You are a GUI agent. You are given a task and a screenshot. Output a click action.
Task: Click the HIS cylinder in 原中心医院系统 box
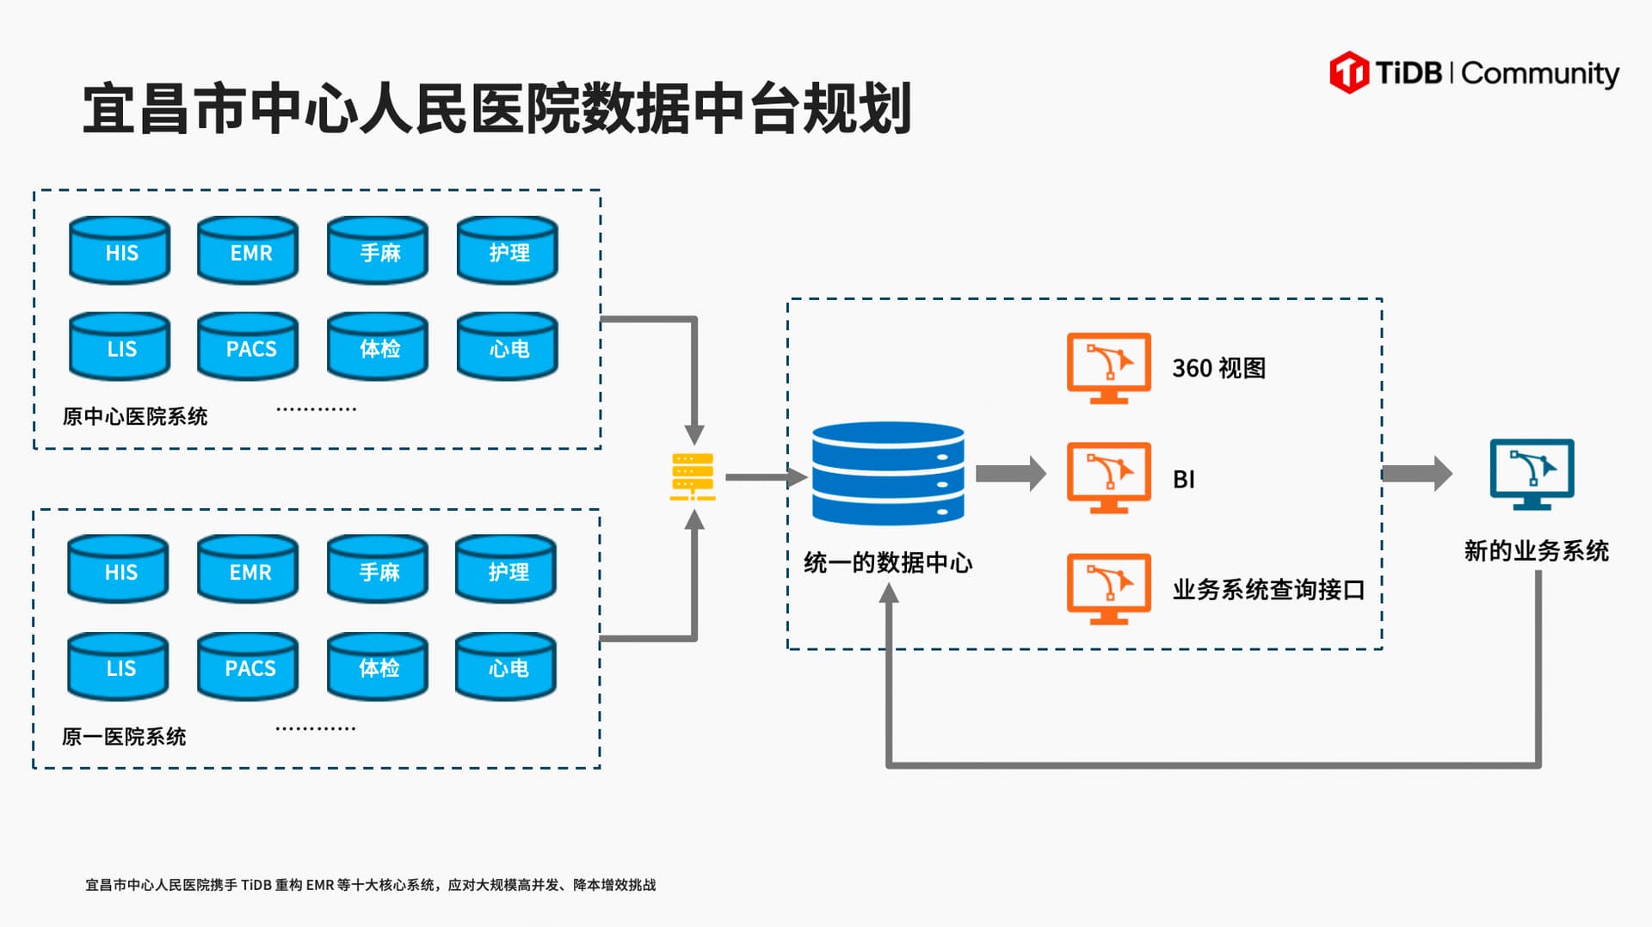click(x=120, y=250)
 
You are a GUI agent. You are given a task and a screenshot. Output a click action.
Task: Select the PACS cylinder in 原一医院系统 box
click(x=248, y=666)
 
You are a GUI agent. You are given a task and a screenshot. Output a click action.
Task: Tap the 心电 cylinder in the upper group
click(x=508, y=347)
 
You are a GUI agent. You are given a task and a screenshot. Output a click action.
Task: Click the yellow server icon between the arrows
click(x=693, y=476)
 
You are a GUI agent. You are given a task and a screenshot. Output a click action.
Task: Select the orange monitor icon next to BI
click(x=1108, y=477)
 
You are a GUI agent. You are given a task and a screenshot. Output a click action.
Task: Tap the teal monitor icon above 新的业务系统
click(x=1532, y=474)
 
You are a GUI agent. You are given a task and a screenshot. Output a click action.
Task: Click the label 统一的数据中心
click(x=888, y=563)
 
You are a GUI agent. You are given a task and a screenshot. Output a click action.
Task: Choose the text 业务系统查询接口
click(x=1268, y=590)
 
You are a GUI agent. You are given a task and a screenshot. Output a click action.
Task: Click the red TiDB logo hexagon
click(x=1348, y=72)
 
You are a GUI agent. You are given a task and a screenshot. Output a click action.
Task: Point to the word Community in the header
click(x=1540, y=74)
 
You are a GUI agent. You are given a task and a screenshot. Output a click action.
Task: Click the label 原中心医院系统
click(x=135, y=417)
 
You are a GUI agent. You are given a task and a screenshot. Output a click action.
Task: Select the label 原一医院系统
click(x=124, y=737)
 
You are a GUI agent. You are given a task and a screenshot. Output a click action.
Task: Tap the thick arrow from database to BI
click(x=1011, y=473)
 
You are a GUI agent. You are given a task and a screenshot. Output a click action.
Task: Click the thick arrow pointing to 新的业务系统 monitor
click(x=1416, y=474)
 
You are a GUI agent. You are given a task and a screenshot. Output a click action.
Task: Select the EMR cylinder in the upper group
click(x=248, y=250)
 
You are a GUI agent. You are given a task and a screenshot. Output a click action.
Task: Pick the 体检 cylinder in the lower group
click(x=378, y=666)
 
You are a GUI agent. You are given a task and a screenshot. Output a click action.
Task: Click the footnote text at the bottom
click(x=370, y=885)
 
